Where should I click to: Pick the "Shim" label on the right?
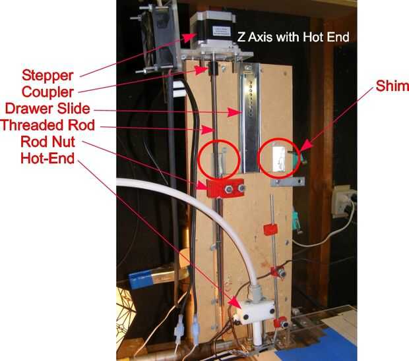click(x=392, y=86)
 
